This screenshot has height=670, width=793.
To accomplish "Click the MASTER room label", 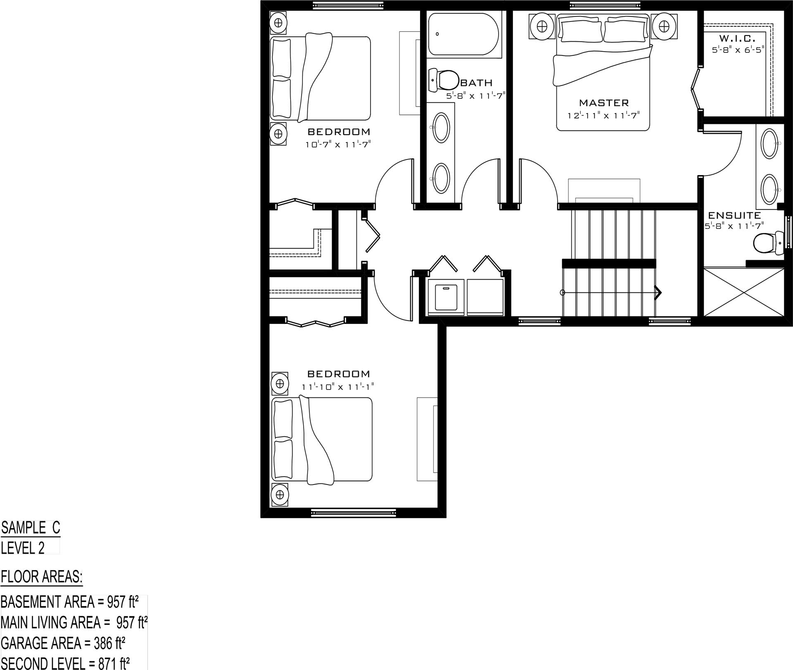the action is (x=604, y=102).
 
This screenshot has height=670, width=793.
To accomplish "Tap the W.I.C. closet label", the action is (x=737, y=38).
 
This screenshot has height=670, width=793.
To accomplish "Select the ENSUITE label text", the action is (x=734, y=215).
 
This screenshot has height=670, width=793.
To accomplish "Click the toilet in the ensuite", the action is (x=768, y=243).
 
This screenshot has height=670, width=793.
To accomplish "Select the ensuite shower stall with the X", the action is (x=743, y=292).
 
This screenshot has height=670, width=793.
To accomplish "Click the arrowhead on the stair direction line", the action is (x=658, y=292).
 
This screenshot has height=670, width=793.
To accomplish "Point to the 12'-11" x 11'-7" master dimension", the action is (x=603, y=116).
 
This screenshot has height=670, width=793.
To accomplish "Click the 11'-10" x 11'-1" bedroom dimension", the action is (x=338, y=387).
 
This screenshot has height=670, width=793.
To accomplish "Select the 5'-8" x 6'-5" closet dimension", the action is (x=738, y=50).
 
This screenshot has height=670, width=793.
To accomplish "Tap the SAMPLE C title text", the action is (x=31, y=527).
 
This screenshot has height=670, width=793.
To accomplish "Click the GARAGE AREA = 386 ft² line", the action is (x=63, y=643).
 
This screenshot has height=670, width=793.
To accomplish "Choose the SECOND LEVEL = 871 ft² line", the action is (x=65, y=663).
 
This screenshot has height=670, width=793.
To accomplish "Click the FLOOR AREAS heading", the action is (x=42, y=576).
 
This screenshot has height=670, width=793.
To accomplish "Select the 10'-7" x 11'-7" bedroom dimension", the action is (x=338, y=145).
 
